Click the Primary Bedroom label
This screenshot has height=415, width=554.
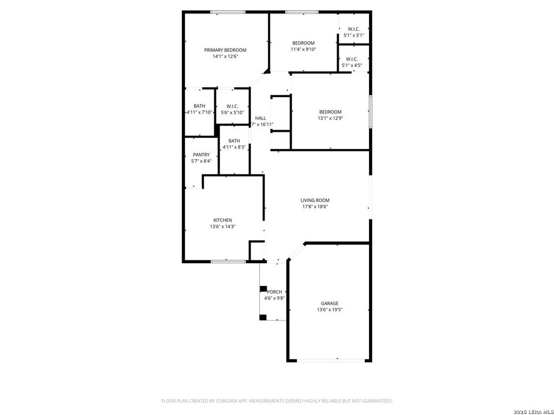(x=225, y=50)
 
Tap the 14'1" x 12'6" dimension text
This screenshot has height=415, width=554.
(x=225, y=56)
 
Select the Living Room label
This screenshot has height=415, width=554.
(x=315, y=200)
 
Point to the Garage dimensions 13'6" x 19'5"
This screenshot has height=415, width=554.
(x=329, y=310)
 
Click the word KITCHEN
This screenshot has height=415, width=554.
(x=222, y=220)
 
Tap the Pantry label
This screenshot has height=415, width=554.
(x=201, y=155)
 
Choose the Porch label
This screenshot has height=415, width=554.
(x=274, y=292)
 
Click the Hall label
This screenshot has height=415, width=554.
(x=260, y=118)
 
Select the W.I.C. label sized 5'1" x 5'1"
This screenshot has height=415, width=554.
(x=354, y=29)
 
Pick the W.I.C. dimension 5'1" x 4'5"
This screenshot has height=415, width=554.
(x=352, y=65)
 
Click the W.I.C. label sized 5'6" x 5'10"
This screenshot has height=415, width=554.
(x=232, y=106)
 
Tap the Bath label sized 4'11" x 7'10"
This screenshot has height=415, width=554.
(x=199, y=106)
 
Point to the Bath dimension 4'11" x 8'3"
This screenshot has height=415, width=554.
(x=234, y=147)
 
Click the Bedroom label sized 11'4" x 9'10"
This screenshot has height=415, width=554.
(x=303, y=43)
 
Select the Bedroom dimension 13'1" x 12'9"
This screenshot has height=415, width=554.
(x=331, y=118)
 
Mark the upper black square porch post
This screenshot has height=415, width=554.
(x=263, y=289)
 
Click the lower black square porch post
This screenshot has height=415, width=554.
(x=263, y=317)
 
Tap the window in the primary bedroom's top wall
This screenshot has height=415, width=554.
(x=228, y=12)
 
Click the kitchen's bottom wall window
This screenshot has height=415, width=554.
(x=228, y=262)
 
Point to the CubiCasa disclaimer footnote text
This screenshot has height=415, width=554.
(x=277, y=401)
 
